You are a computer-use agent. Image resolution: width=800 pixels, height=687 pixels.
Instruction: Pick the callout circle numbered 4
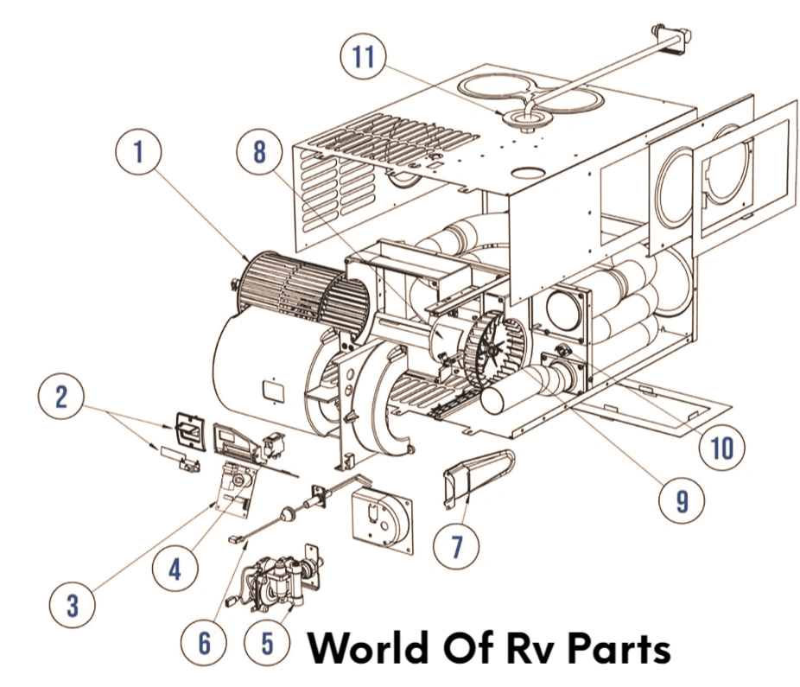[x=176, y=570]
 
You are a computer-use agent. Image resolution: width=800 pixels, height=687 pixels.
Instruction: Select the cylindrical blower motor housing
[x=259, y=372]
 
